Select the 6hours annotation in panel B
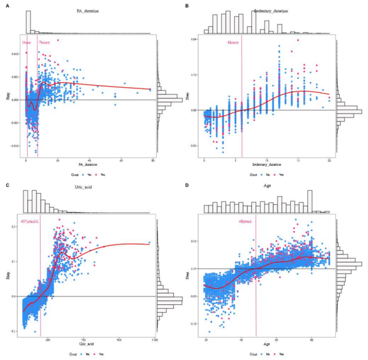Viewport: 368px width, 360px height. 233,42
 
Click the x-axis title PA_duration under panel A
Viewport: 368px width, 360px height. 87,165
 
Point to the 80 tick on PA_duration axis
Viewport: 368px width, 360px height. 153,161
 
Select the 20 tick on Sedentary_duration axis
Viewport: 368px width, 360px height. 330,161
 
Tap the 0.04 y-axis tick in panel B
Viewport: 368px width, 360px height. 195,39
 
